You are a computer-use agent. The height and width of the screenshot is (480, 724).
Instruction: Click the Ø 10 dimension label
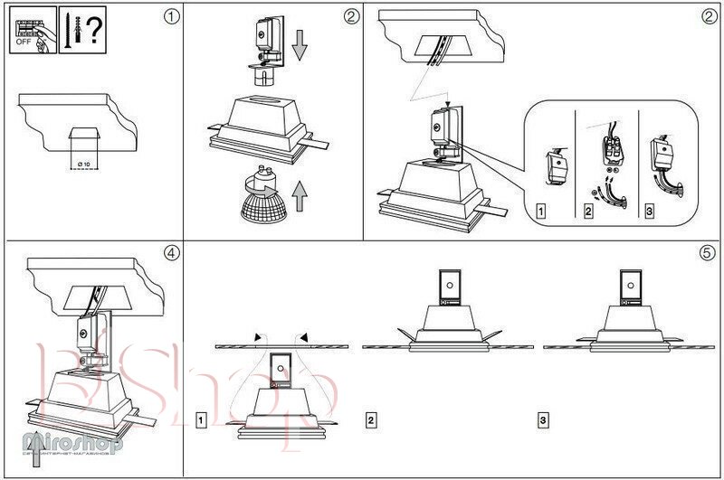pyautogui.click(x=84, y=163)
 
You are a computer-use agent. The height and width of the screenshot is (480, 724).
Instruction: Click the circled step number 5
pyautogui.click(x=708, y=252)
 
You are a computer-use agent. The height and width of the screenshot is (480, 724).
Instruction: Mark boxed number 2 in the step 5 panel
pyautogui.click(x=371, y=419)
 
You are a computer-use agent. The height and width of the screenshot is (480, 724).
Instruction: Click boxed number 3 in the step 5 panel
pyautogui.click(x=542, y=419)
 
